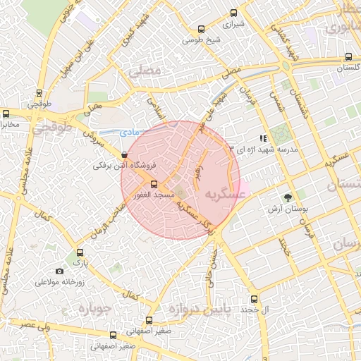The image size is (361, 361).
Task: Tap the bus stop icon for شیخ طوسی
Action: tap(202, 30)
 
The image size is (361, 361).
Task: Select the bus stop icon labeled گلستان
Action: tap(348, 57)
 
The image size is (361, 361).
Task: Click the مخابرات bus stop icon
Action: tap(6, 113)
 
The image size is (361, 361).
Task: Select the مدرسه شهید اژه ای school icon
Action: tap(262, 139)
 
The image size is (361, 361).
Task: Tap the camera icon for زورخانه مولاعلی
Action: tap(59, 271)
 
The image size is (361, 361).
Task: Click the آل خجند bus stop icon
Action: tap(255, 298)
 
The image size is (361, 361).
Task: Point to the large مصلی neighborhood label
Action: tap(145, 71)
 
